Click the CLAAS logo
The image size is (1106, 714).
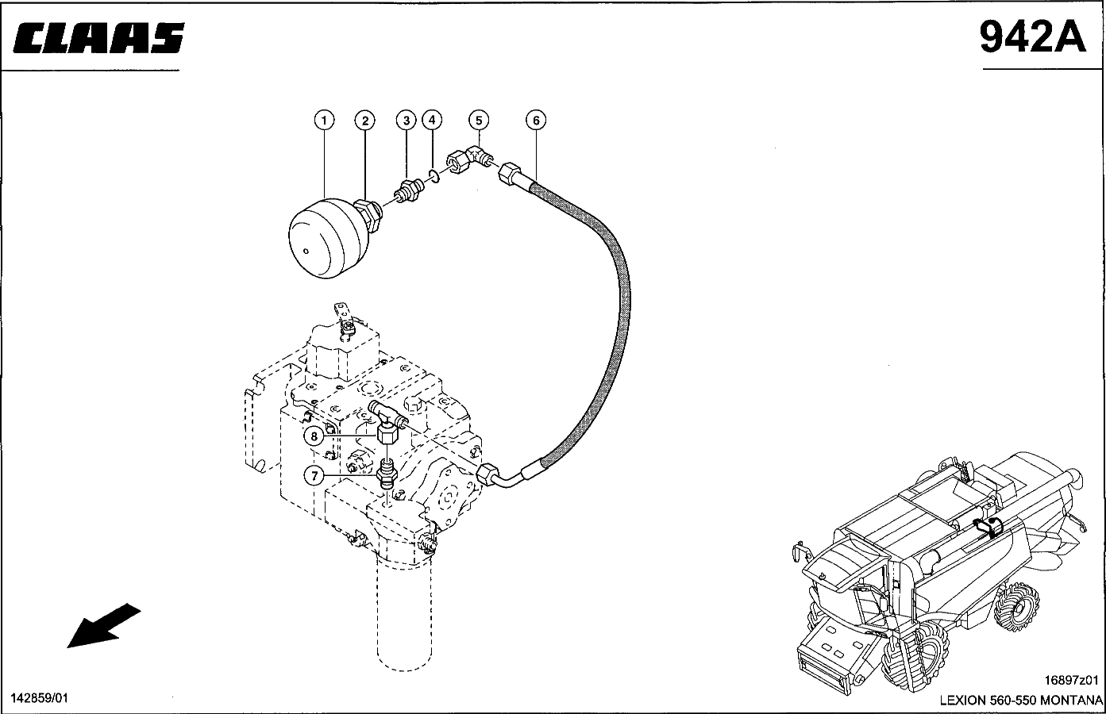click(x=98, y=37)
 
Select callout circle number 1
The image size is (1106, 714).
click(x=325, y=121)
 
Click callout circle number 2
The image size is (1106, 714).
click(x=365, y=121)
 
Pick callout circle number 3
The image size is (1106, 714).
click(x=407, y=121)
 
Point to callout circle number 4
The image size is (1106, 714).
click(x=432, y=120)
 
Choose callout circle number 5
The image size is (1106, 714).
click(x=479, y=120)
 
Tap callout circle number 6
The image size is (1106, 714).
click(x=536, y=120)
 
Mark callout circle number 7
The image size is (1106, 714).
click(x=314, y=476)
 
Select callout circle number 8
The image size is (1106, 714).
click(x=314, y=436)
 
